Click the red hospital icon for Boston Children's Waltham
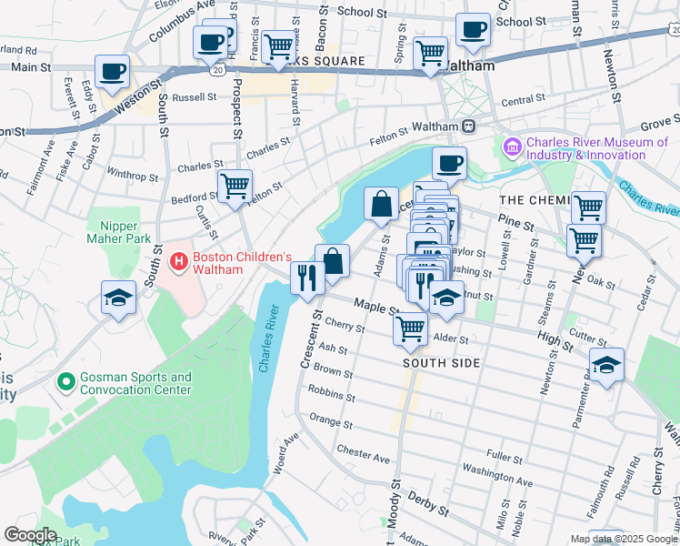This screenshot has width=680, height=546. click(x=179, y=263)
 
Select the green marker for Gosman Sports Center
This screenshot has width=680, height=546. click(x=65, y=381)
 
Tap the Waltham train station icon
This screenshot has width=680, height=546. click(x=469, y=126)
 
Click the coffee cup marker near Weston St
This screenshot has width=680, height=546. click(x=112, y=72)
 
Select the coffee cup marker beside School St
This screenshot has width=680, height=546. click(x=473, y=28)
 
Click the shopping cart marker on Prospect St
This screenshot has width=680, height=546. click(x=235, y=186)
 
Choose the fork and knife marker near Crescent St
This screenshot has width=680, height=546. click(x=306, y=277)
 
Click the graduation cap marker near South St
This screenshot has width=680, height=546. click(x=118, y=299)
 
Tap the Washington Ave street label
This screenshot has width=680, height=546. click(x=497, y=476)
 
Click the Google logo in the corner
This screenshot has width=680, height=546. click(x=29, y=535)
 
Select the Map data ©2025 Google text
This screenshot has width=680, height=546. click(x=623, y=539)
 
